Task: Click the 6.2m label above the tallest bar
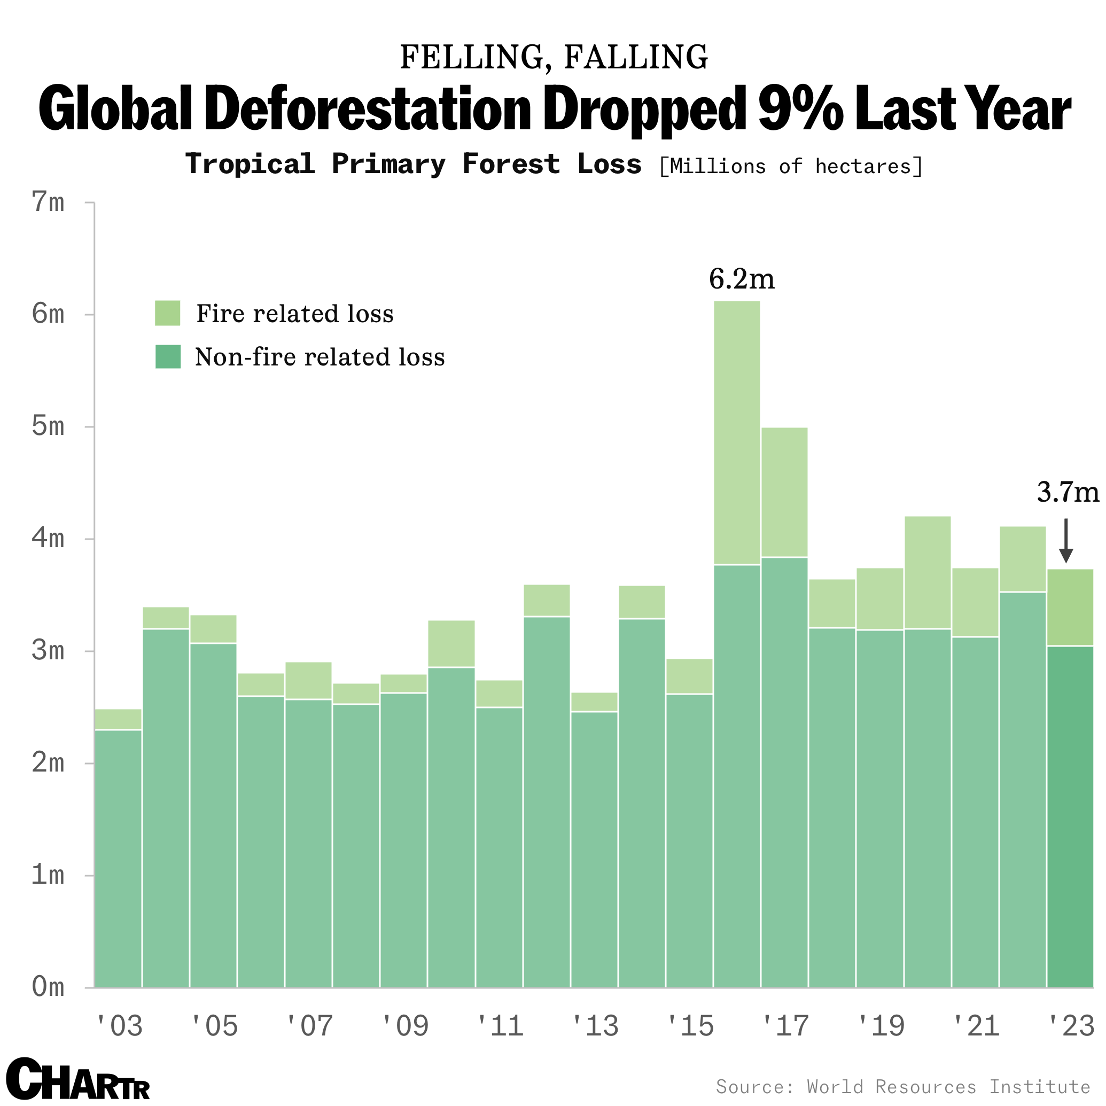pyautogui.click(x=742, y=280)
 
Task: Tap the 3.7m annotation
pyautogui.click(x=1068, y=492)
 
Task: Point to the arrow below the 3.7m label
pyautogui.click(x=1065, y=541)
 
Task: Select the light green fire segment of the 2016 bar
pyautogui.click(x=737, y=433)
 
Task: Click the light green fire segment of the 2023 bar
pyautogui.click(x=1070, y=607)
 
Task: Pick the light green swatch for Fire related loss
pyautogui.click(x=167, y=313)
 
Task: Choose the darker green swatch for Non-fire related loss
pyautogui.click(x=168, y=357)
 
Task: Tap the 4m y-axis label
pyautogui.click(x=48, y=539)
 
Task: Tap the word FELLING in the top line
pyautogui.click(x=476, y=57)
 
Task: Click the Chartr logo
pyautogui.click(x=77, y=1079)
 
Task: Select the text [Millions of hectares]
pyautogui.click(x=791, y=167)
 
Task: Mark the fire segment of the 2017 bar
pyautogui.click(x=784, y=492)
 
